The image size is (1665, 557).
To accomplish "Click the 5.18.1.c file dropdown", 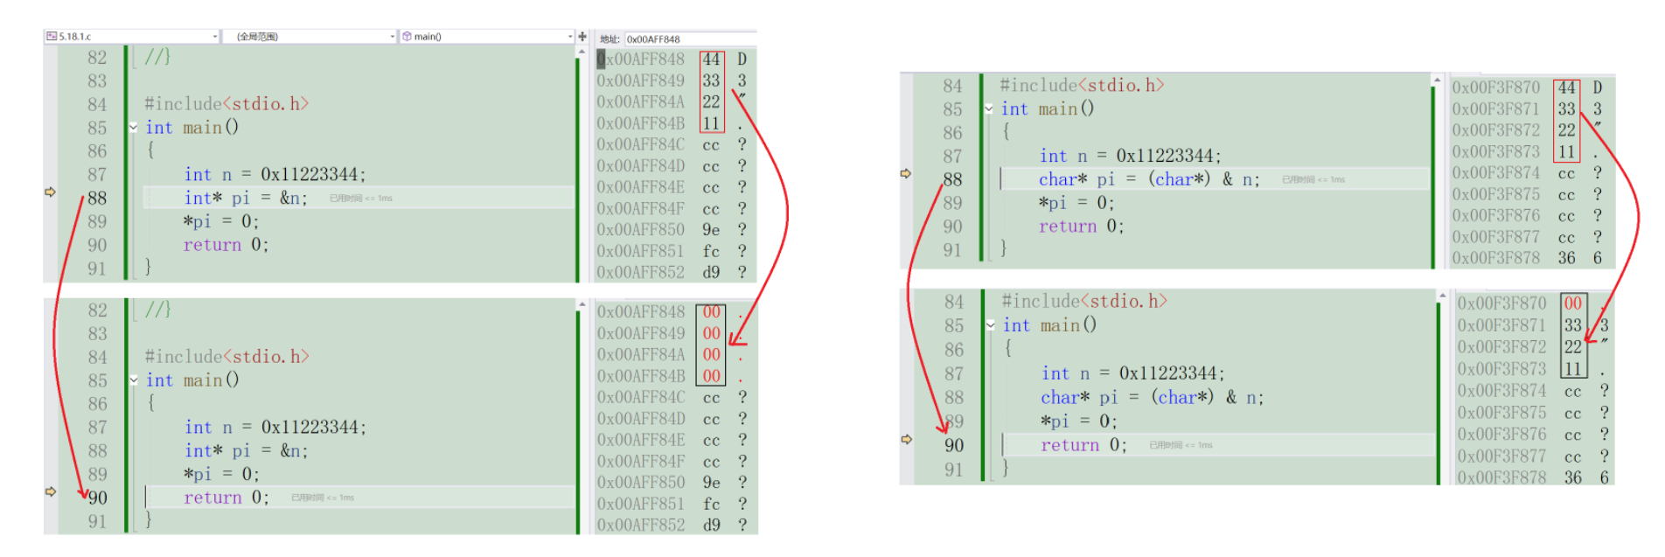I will [x=131, y=37].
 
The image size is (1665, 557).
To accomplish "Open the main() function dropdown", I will [x=486, y=37].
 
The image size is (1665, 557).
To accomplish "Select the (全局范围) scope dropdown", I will [x=310, y=37].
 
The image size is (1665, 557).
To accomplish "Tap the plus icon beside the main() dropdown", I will [x=582, y=37].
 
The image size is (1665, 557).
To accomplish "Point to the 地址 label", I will [x=609, y=39].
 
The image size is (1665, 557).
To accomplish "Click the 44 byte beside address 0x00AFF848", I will [x=712, y=59].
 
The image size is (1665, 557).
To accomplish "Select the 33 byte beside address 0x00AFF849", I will [x=712, y=80].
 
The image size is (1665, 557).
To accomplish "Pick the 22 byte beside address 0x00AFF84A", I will [x=712, y=102].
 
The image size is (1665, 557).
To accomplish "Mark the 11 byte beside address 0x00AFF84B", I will [x=712, y=123].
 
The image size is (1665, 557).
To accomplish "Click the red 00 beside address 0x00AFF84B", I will [x=712, y=376].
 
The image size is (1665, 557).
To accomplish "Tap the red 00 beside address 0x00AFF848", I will [x=712, y=312].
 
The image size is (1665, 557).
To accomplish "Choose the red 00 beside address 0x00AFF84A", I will [x=712, y=354].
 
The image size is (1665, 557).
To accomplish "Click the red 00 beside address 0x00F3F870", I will [x=1573, y=303].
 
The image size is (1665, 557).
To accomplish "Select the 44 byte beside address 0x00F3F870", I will [x=1566, y=87].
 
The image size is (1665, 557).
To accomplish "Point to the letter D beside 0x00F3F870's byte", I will [x=1598, y=87].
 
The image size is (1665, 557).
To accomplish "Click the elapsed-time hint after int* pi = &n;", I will [x=360, y=198].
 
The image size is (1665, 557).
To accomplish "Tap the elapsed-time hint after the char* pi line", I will [x=1313, y=180].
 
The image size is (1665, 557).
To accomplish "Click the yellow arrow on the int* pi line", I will [x=50, y=191].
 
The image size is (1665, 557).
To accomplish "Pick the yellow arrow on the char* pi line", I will [x=906, y=173].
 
